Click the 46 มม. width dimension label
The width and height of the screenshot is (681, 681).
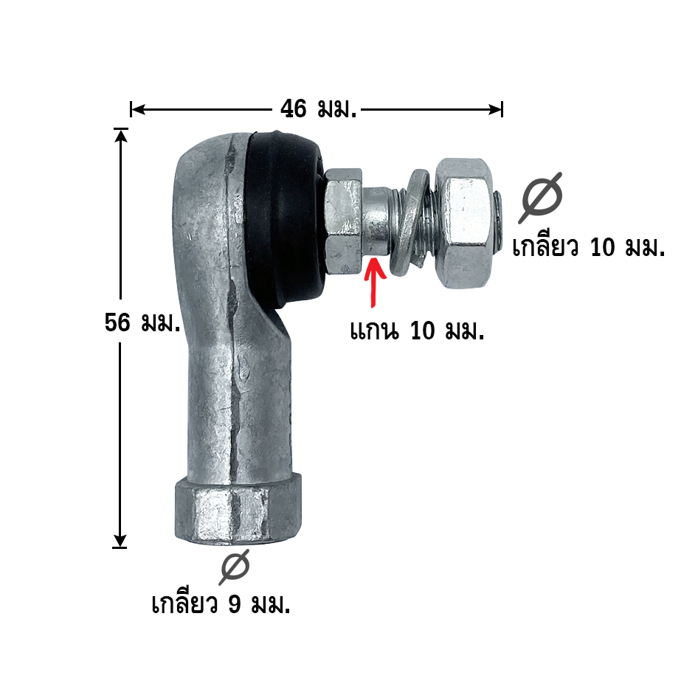coord(318,108)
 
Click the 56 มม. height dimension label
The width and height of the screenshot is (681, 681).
coord(142,322)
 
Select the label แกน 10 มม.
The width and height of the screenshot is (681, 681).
coord(417,331)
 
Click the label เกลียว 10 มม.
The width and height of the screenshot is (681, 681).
coord(589,247)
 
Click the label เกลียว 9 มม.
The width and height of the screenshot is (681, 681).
coord(221,604)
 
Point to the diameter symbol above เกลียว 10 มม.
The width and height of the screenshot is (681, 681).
coord(542,198)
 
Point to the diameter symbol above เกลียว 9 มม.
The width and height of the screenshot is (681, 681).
coord(235,567)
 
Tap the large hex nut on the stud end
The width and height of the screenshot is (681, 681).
coord(464,224)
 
